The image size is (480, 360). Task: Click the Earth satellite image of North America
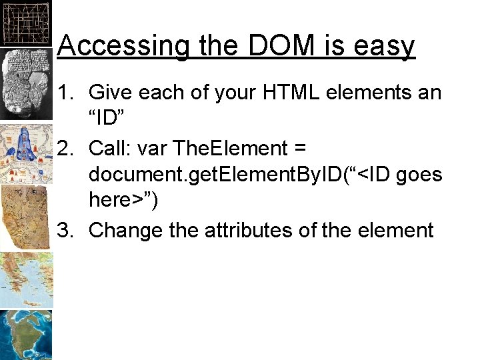pos(25,335)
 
